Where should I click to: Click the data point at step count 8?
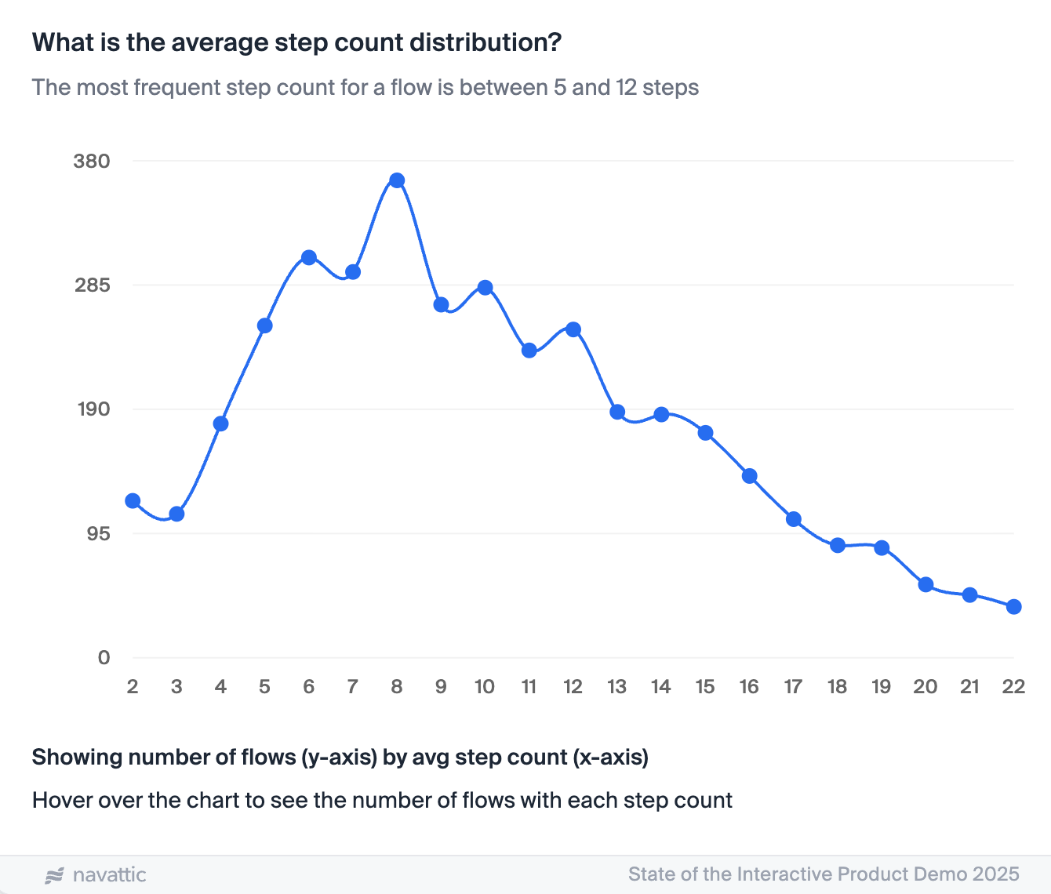pos(397,180)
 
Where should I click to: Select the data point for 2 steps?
pos(133,501)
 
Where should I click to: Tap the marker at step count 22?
pos(1013,606)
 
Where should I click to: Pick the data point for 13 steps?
pos(617,412)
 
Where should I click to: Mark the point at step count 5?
pos(264,325)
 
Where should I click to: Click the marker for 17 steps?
pos(793,519)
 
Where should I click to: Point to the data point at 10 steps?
pos(485,288)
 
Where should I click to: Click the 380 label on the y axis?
pos(91,162)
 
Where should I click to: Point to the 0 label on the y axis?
pos(104,658)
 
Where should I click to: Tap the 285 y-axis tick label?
pos(92,285)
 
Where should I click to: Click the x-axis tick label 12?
pos(573,687)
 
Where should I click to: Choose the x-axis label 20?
pos(925,687)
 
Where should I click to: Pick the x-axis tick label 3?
pos(176,687)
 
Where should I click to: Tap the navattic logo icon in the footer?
pos(55,875)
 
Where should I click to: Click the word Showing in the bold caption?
pos(77,758)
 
